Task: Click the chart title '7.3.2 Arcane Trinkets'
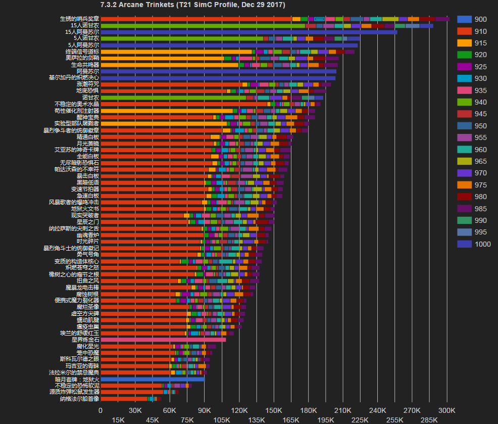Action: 192,5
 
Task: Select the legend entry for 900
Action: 472,19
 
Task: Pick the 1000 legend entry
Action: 472,244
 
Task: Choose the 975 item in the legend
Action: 472,185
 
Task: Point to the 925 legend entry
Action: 472,67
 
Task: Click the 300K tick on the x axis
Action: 447,410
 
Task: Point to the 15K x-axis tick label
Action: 118,419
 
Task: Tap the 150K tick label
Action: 274,410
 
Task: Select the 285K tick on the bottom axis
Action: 429,419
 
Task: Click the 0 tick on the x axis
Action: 101,410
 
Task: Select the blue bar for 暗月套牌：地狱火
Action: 153,379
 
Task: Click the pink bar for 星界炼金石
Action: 163,340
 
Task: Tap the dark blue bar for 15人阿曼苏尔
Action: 248,32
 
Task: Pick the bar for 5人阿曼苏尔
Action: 229,45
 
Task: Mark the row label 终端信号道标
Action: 82,52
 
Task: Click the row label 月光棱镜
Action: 88,144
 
